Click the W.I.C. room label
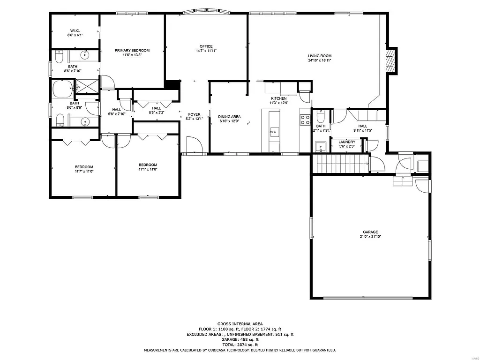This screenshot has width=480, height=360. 75,30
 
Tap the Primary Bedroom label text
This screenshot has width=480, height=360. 132,51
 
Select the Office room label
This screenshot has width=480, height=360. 206,46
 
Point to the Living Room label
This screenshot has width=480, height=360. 320,56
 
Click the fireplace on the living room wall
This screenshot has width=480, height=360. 390,60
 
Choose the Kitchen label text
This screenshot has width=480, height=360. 278,98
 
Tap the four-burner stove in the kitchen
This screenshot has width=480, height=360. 305,119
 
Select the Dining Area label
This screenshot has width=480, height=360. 229,117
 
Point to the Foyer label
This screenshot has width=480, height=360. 195,114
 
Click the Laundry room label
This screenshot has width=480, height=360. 347,142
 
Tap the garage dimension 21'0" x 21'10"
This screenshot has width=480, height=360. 370,237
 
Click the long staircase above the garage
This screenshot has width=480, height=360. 342,164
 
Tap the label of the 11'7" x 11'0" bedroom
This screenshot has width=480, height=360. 84,167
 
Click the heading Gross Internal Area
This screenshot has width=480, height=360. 240,324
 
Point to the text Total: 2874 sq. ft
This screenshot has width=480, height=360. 240,345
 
